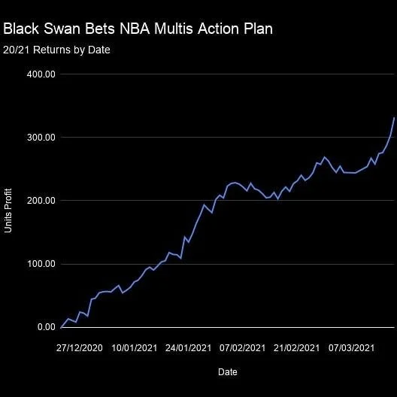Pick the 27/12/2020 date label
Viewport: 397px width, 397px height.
pyautogui.click(x=79, y=348)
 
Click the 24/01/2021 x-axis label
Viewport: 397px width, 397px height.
pyautogui.click(x=187, y=348)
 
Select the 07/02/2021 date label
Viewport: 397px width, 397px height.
pyautogui.click(x=241, y=348)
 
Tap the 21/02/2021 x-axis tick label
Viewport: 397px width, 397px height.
pyautogui.click(x=295, y=348)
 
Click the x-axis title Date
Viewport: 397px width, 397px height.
pyautogui.click(x=228, y=372)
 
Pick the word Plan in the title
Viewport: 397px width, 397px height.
pyautogui.click(x=257, y=29)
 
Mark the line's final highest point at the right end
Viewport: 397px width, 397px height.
pyautogui.click(x=394, y=118)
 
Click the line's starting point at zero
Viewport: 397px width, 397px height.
pyautogui.click(x=61, y=327)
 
